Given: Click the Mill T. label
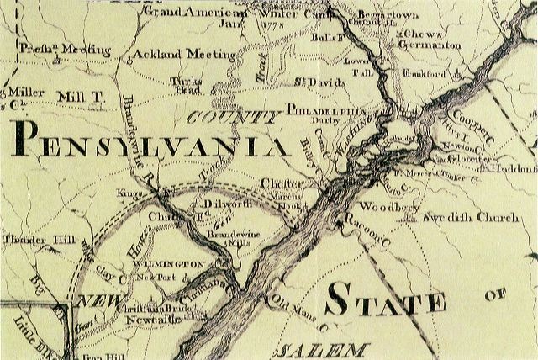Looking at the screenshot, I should coord(79,98).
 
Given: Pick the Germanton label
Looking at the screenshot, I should coord(430,43).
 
